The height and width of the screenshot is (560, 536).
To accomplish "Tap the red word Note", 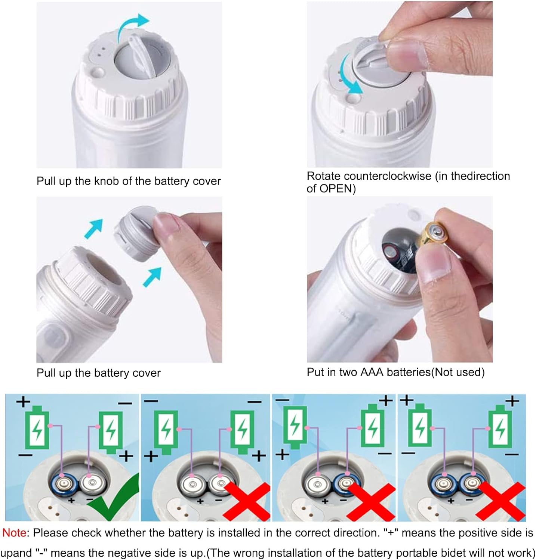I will [x=14, y=533].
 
